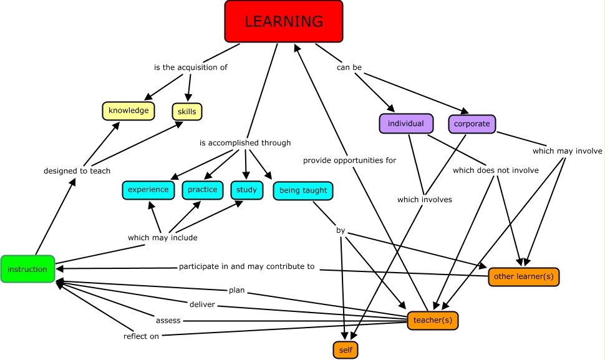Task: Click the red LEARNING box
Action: tap(284, 21)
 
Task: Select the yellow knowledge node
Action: tap(128, 111)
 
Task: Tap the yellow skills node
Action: tap(187, 112)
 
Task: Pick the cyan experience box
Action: tap(148, 190)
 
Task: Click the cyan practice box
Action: tap(203, 190)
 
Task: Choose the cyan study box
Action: tap(247, 190)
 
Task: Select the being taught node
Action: tap(302, 190)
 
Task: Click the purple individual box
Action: tap(406, 124)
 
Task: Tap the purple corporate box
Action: tap(472, 124)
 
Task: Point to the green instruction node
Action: tap(27, 269)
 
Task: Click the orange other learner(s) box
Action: tap(524, 276)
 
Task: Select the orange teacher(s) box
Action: tap(432, 321)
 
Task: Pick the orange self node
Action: tap(346, 350)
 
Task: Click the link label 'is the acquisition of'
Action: tap(191, 67)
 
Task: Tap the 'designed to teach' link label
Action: tap(77, 171)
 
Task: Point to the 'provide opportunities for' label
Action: tap(349, 160)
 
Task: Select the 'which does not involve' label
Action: tap(496, 170)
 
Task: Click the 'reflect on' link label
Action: tap(141, 336)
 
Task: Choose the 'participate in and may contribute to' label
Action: tap(247, 266)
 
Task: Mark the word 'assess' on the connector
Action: tap(168, 321)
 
